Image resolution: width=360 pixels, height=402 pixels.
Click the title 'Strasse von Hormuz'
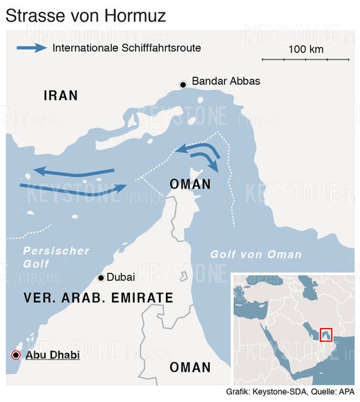(86, 15)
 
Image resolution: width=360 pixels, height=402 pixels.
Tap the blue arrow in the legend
(32, 48)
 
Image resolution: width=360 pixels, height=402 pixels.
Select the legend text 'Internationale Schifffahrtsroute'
(127, 48)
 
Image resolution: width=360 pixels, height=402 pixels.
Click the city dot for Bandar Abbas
(182, 84)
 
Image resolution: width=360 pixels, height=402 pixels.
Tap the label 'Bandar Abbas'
(226, 81)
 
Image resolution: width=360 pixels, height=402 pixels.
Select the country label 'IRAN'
(61, 95)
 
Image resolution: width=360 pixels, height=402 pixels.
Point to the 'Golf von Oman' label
(255, 254)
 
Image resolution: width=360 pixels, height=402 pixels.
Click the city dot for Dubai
(101, 278)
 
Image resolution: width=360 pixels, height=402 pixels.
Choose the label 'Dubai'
(121, 278)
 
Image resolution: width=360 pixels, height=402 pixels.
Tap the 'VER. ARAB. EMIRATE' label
(98, 297)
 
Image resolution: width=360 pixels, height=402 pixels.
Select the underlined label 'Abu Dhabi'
(53, 355)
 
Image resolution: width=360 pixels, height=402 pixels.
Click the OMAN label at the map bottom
(190, 367)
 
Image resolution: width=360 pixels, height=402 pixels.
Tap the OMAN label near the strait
(190, 184)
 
